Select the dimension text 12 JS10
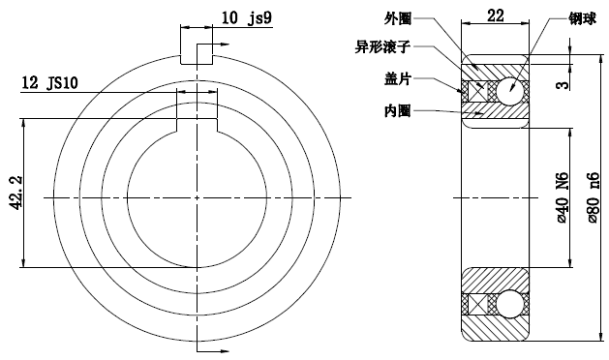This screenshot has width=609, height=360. (50, 84)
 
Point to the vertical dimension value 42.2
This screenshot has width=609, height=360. (13, 193)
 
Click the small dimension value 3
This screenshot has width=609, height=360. (562, 86)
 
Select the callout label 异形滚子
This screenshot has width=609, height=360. (387, 45)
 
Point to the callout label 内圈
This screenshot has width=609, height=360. (397, 111)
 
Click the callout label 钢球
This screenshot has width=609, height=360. (584, 17)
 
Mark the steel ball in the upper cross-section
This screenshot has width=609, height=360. (510, 91)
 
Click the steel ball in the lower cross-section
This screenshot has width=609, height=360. (510, 304)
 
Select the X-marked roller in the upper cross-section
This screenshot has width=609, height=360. (476, 91)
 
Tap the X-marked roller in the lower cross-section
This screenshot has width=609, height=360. (476, 304)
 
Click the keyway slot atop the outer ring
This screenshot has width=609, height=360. (197, 53)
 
